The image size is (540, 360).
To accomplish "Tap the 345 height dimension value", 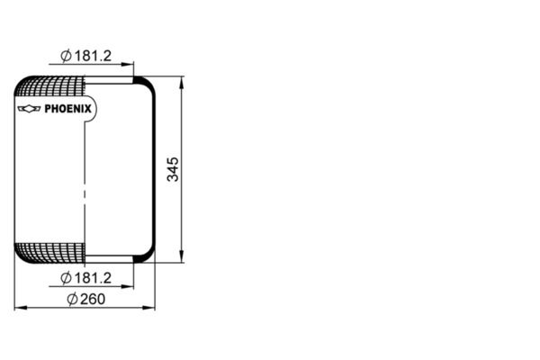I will click(x=174, y=169).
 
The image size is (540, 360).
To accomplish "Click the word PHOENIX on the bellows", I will click(x=66, y=110).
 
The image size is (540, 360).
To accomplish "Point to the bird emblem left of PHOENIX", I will click(x=30, y=110).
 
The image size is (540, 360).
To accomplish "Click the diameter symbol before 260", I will click(x=72, y=300).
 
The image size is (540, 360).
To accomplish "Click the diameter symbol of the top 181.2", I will click(x=66, y=56).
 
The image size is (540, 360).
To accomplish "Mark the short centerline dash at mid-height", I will click(x=85, y=193).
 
